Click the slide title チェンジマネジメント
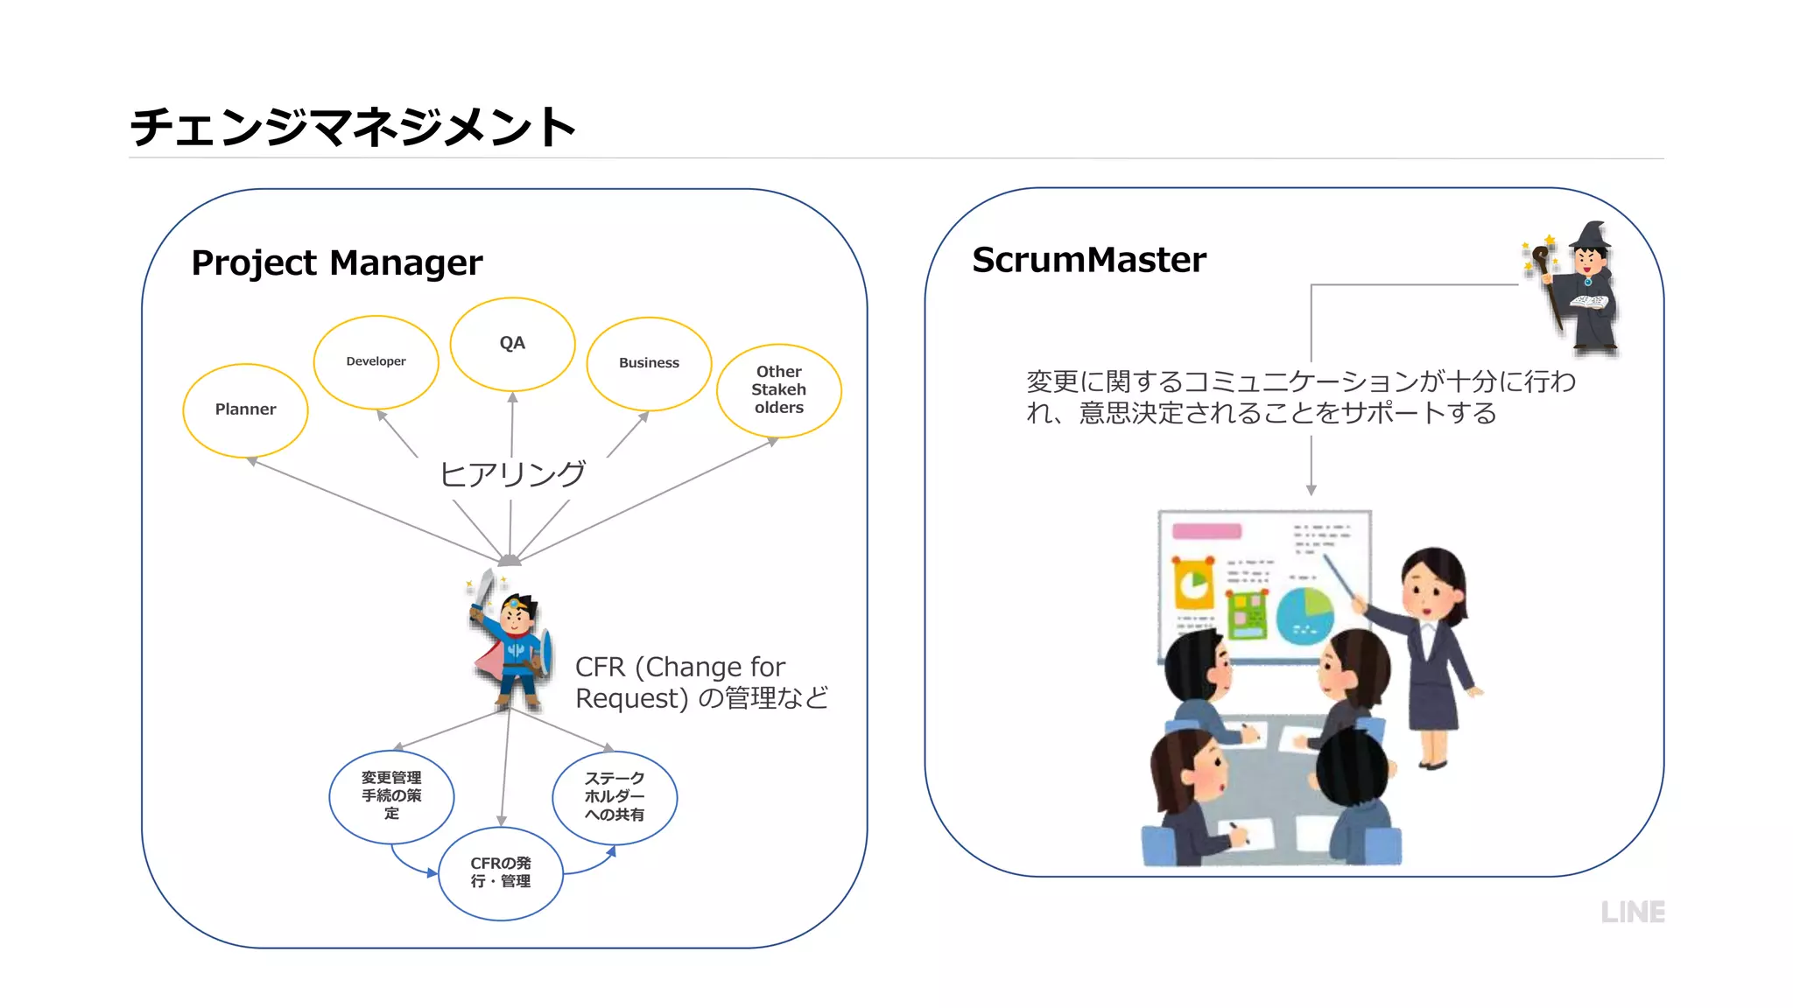(x=352, y=127)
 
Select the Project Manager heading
(x=336, y=262)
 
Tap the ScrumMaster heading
(x=1088, y=260)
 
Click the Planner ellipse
(x=245, y=409)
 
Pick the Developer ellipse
(x=376, y=361)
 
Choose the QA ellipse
(x=512, y=343)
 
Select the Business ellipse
(x=649, y=363)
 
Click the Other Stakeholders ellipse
(x=778, y=389)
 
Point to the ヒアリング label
(x=512, y=474)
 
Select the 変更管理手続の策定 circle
(x=391, y=795)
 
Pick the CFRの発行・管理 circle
(x=500, y=872)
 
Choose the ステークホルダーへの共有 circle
(x=615, y=796)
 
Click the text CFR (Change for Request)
(x=680, y=668)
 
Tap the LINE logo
(x=1632, y=912)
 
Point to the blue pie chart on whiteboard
(x=1304, y=615)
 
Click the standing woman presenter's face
(x=1429, y=589)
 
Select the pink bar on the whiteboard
(x=1206, y=531)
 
